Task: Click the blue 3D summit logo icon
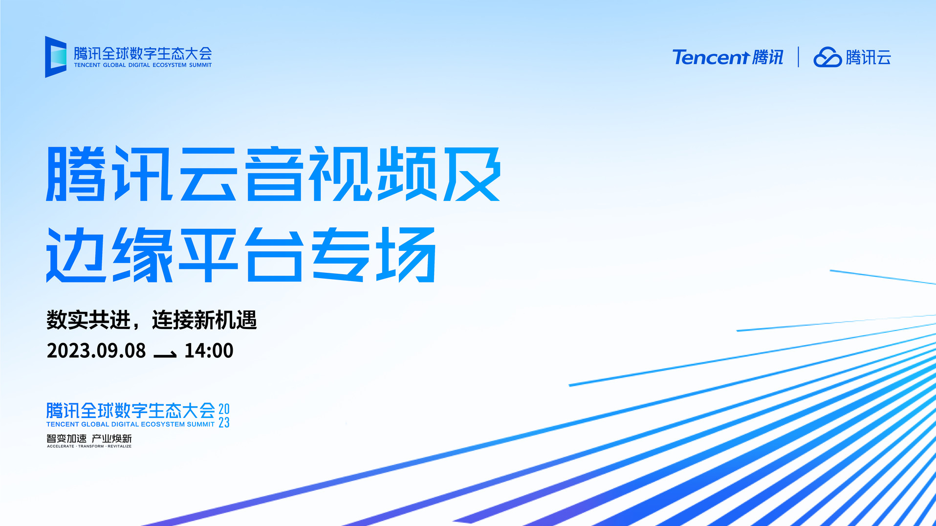pyautogui.click(x=55, y=57)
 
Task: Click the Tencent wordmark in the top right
pyautogui.click(x=711, y=57)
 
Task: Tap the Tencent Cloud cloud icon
pyautogui.click(x=827, y=57)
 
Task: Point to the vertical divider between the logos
pyautogui.click(x=798, y=57)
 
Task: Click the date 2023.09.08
pyautogui.click(x=96, y=351)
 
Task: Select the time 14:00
pyautogui.click(x=209, y=351)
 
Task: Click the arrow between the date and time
pyautogui.click(x=165, y=354)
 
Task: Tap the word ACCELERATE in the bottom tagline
pyautogui.click(x=61, y=446)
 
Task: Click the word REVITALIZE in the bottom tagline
pyautogui.click(x=120, y=446)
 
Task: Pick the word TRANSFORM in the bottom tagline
pyautogui.click(x=91, y=446)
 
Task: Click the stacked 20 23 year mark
pyautogui.click(x=224, y=416)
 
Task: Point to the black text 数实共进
pyautogui.click(x=88, y=320)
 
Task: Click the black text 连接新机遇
pyautogui.click(x=204, y=320)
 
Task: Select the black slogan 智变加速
pyautogui.click(x=66, y=438)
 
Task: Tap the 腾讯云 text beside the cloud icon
pyautogui.click(x=869, y=57)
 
